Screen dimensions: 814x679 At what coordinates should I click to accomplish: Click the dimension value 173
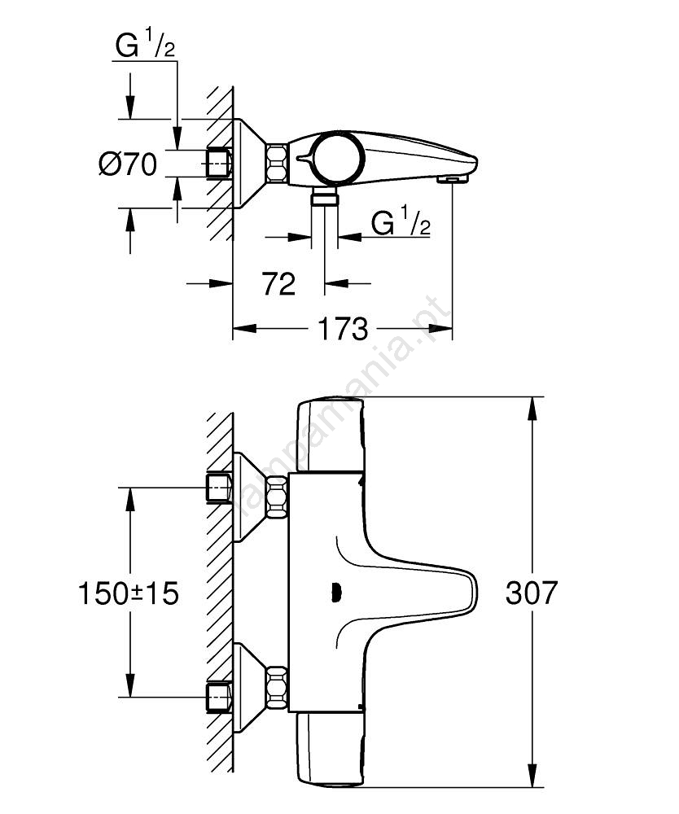click(342, 330)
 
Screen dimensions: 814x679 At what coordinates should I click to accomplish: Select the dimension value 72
click(278, 284)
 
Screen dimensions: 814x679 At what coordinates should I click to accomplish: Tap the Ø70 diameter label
click(128, 164)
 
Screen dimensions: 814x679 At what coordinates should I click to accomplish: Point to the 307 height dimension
click(532, 593)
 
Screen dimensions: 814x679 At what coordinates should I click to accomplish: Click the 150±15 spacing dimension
click(129, 593)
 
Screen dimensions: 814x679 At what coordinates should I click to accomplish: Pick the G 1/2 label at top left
click(146, 46)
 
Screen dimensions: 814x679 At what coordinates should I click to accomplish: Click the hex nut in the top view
click(277, 163)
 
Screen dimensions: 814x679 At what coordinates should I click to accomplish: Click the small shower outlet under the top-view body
click(326, 199)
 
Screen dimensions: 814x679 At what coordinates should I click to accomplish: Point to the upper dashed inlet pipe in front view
click(219, 488)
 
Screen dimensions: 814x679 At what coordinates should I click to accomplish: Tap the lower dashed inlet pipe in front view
click(219, 697)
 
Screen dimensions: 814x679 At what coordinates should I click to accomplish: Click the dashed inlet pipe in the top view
click(219, 163)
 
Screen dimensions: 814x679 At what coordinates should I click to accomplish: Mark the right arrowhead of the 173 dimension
click(444, 329)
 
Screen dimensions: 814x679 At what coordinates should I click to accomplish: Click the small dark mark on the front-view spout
click(333, 594)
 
